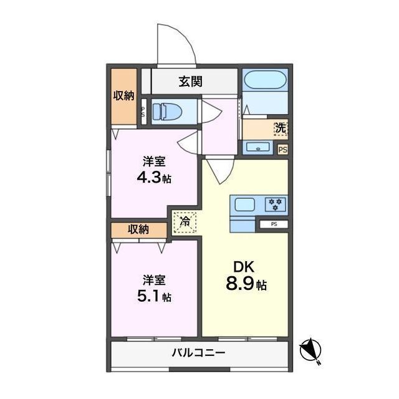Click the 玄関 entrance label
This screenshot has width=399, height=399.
(x=190, y=82)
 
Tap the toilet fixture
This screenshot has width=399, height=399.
(x=167, y=112)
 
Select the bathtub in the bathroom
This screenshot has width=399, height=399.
(x=265, y=80)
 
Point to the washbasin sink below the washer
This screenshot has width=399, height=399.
(x=258, y=147)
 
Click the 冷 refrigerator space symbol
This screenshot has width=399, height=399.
(x=185, y=222)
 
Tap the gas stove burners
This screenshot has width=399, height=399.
(x=276, y=204)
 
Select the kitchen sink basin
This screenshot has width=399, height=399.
(x=245, y=204)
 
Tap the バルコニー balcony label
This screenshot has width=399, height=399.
(x=198, y=353)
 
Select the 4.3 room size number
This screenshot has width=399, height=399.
(x=149, y=177)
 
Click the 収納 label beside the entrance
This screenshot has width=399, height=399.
(x=123, y=95)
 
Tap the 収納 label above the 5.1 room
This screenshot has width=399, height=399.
(x=138, y=229)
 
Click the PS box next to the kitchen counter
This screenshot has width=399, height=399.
(x=274, y=224)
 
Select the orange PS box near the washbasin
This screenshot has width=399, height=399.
(x=282, y=150)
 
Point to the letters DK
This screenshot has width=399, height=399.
(x=244, y=267)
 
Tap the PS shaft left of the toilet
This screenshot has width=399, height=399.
(x=143, y=112)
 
